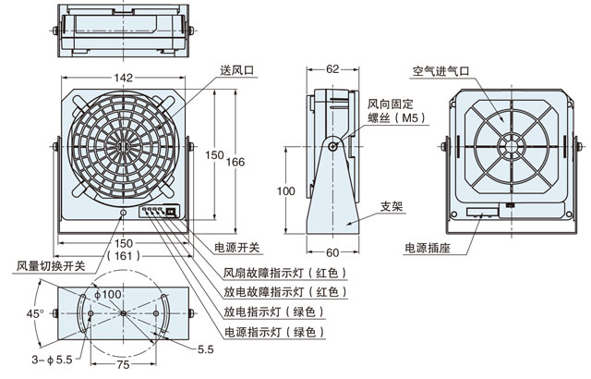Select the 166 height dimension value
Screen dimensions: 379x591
(235, 162)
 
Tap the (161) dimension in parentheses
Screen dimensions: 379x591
(123, 255)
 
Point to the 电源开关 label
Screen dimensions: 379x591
(237, 248)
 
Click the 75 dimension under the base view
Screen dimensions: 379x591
(123, 364)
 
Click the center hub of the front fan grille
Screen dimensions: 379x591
(123, 146)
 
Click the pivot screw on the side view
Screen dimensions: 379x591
(333, 145)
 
